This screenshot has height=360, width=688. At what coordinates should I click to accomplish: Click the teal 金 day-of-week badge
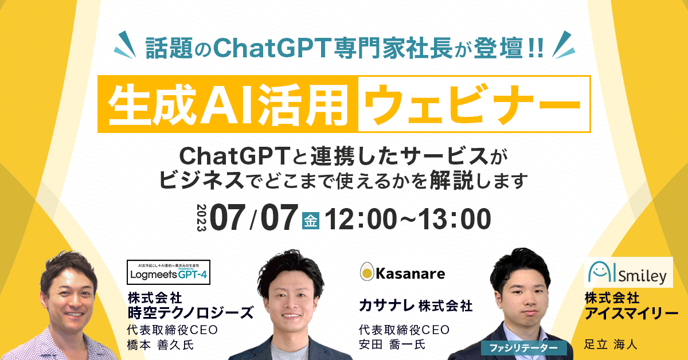[x=310, y=220]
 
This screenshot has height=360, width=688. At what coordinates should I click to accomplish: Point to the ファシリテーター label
[x=523, y=347]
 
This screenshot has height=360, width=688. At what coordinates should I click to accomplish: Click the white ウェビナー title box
[x=474, y=104]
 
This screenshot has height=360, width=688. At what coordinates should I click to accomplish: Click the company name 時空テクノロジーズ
[x=190, y=312]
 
